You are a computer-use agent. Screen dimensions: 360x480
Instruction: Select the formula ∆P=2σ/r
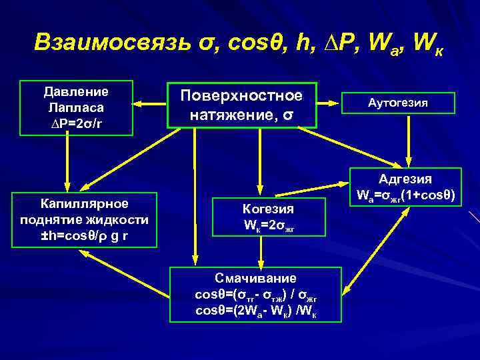coord(75,122)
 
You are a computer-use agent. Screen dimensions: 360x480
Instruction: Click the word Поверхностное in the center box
coord(241,95)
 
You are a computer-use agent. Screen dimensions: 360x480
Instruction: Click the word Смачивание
coord(255,277)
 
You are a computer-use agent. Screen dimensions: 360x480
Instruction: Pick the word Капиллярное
coord(85,202)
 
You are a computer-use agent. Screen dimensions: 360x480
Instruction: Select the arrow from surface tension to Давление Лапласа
coord(150,104)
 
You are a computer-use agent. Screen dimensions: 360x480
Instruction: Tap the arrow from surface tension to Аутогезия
coord(337,103)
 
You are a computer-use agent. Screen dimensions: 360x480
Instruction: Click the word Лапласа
coord(75,107)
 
